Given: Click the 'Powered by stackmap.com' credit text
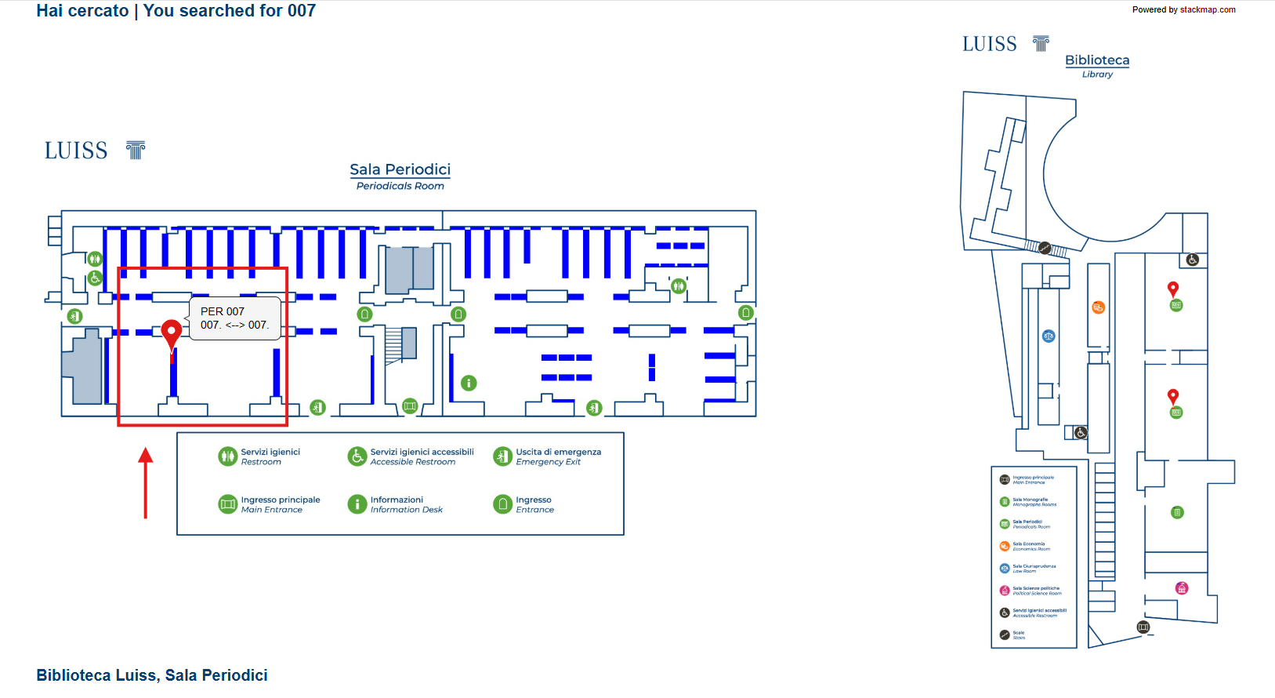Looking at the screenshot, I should click(x=1183, y=10).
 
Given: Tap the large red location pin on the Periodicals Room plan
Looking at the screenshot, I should click(x=171, y=333).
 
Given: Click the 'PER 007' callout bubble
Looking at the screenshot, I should click(x=234, y=318).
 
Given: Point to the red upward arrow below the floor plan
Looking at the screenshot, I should click(x=145, y=482).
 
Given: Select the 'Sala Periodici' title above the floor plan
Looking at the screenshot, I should click(x=400, y=169).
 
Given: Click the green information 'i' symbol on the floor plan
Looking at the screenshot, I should click(x=469, y=383).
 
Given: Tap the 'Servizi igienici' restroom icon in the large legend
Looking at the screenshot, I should click(x=227, y=456).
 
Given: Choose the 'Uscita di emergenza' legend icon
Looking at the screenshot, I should click(x=502, y=456).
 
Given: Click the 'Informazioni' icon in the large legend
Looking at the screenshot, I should click(x=357, y=504).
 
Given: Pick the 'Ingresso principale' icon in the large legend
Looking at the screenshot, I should click(x=227, y=504).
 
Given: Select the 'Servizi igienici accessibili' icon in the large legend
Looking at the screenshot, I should click(x=357, y=456).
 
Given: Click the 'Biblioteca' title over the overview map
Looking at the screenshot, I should click(x=1097, y=60).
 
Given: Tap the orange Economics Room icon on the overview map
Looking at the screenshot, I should click(x=1098, y=307).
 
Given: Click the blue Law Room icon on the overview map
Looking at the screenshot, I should click(x=1049, y=336).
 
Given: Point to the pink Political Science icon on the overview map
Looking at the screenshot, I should click(x=1182, y=588).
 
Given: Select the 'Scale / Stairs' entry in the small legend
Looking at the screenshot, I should click(x=1018, y=634).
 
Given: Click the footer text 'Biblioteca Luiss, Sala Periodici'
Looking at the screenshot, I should click(x=152, y=675).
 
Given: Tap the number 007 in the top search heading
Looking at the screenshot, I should click(x=301, y=11).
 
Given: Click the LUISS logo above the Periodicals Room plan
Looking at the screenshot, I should click(x=95, y=150).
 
